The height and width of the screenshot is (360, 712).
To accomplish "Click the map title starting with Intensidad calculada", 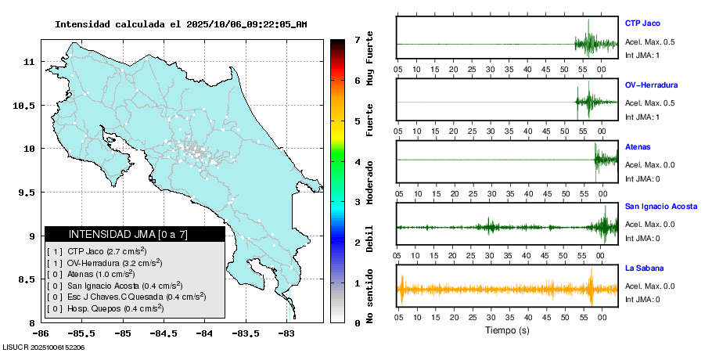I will [181, 24].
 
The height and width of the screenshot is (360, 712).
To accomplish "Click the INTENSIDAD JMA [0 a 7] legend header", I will [128, 234].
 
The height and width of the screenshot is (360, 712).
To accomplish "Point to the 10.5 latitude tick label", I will [23, 105].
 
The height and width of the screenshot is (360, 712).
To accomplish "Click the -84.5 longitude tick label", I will [163, 332].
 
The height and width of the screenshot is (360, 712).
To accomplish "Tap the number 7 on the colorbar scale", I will [356, 39].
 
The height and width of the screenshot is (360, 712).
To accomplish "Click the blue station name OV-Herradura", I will [651, 85].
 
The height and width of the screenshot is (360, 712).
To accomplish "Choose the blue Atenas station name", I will [638, 146].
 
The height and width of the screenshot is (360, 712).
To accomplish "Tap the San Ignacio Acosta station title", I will [660, 207].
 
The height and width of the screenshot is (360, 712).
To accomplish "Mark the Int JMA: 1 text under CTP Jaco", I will [642, 55].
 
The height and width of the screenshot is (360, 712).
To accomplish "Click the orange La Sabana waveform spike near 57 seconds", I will [592, 287].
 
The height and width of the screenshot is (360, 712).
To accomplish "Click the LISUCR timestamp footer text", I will [44, 347].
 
